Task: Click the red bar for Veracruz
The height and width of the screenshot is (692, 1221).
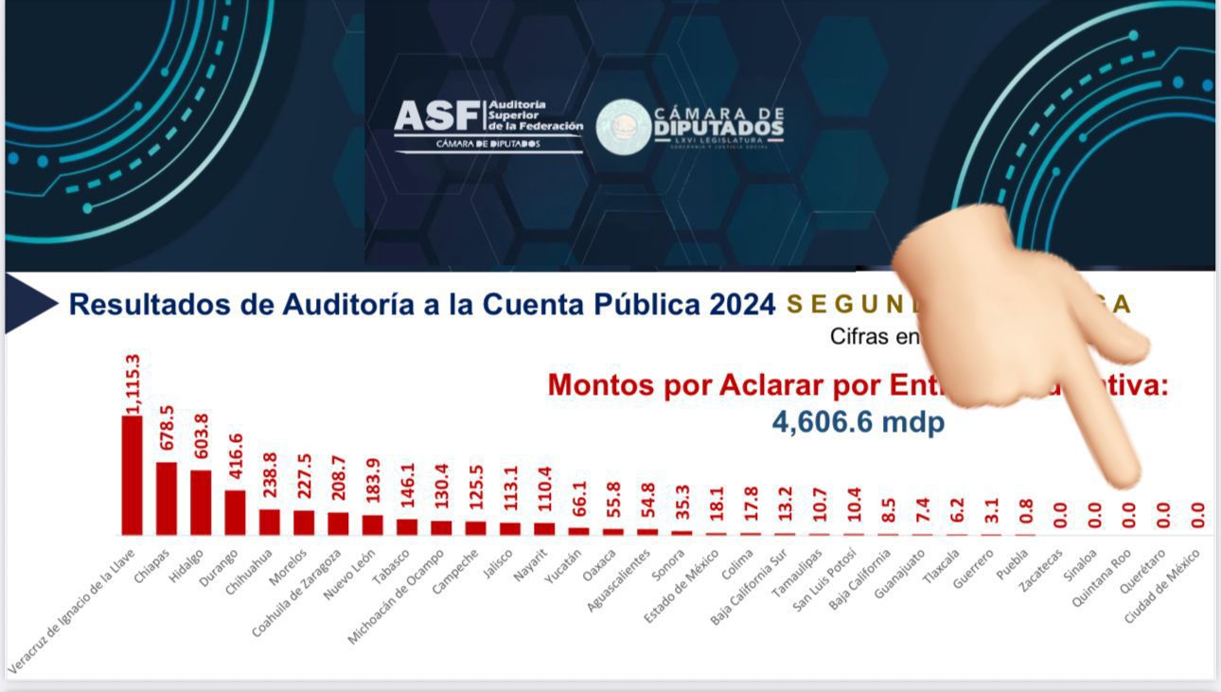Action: click(132, 475)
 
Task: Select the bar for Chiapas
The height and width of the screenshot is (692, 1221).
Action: click(167, 498)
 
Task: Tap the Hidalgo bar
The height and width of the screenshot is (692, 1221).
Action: click(201, 502)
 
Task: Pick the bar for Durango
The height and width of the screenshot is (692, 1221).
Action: click(235, 512)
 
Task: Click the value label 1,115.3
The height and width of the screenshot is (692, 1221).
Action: click(133, 383)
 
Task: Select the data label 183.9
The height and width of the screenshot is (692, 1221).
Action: click(373, 485)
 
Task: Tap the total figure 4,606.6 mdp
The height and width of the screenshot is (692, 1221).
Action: click(858, 421)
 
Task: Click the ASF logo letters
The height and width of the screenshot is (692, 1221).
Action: click(437, 117)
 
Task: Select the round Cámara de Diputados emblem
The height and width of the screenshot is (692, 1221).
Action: click(623, 127)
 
